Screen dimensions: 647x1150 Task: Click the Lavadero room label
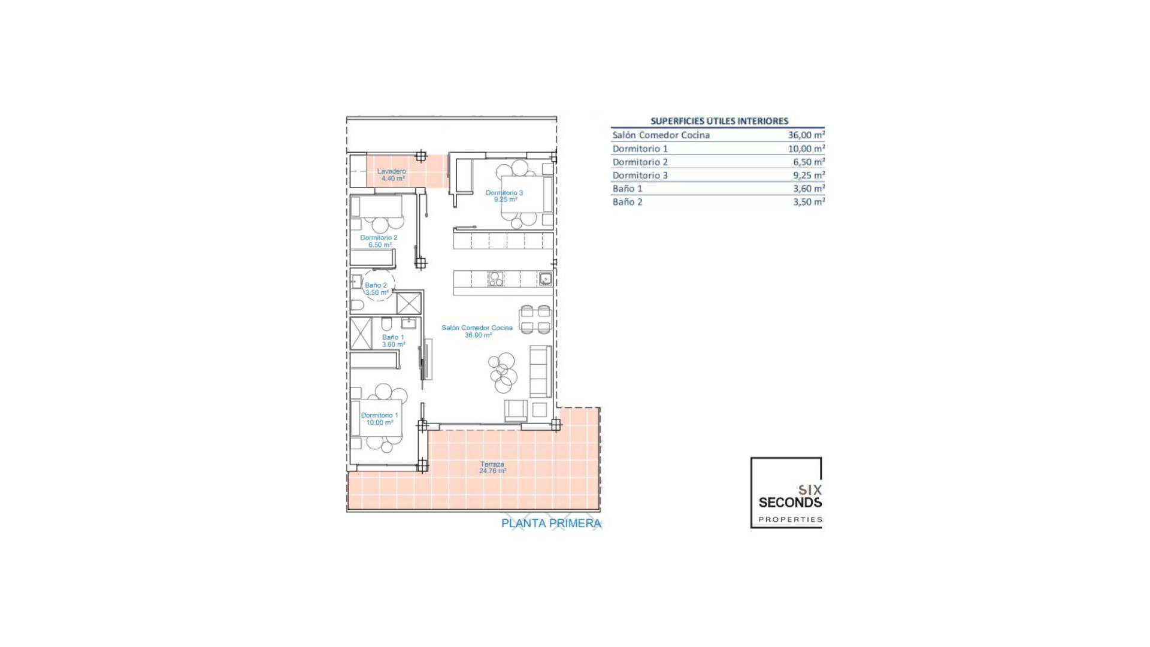point(391,175)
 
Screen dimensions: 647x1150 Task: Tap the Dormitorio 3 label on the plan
point(504,196)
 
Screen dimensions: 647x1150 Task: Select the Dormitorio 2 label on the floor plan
point(379,241)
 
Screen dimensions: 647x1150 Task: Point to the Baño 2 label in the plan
point(376,289)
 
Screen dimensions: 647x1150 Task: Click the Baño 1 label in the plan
point(393,340)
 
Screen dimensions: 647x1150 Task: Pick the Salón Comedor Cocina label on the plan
point(477,331)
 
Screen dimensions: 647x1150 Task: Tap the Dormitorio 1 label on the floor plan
point(379,418)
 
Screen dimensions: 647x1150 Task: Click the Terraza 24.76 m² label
point(492,467)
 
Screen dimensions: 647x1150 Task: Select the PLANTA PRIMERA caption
point(551,524)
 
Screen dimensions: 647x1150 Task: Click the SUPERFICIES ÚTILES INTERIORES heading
point(719,121)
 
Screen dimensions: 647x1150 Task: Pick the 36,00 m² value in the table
point(806,135)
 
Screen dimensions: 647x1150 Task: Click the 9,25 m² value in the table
point(809,176)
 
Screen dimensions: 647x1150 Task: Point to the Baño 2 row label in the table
point(627,202)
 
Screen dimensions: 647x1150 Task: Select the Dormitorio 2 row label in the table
point(640,162)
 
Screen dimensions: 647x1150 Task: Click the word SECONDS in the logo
point(790,503)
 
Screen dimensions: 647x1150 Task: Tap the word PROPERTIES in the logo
point(790,519)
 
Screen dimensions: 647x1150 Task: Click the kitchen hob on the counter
point(495,279)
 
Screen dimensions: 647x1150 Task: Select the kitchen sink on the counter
point(545,279)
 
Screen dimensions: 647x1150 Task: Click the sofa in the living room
point(540,371)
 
